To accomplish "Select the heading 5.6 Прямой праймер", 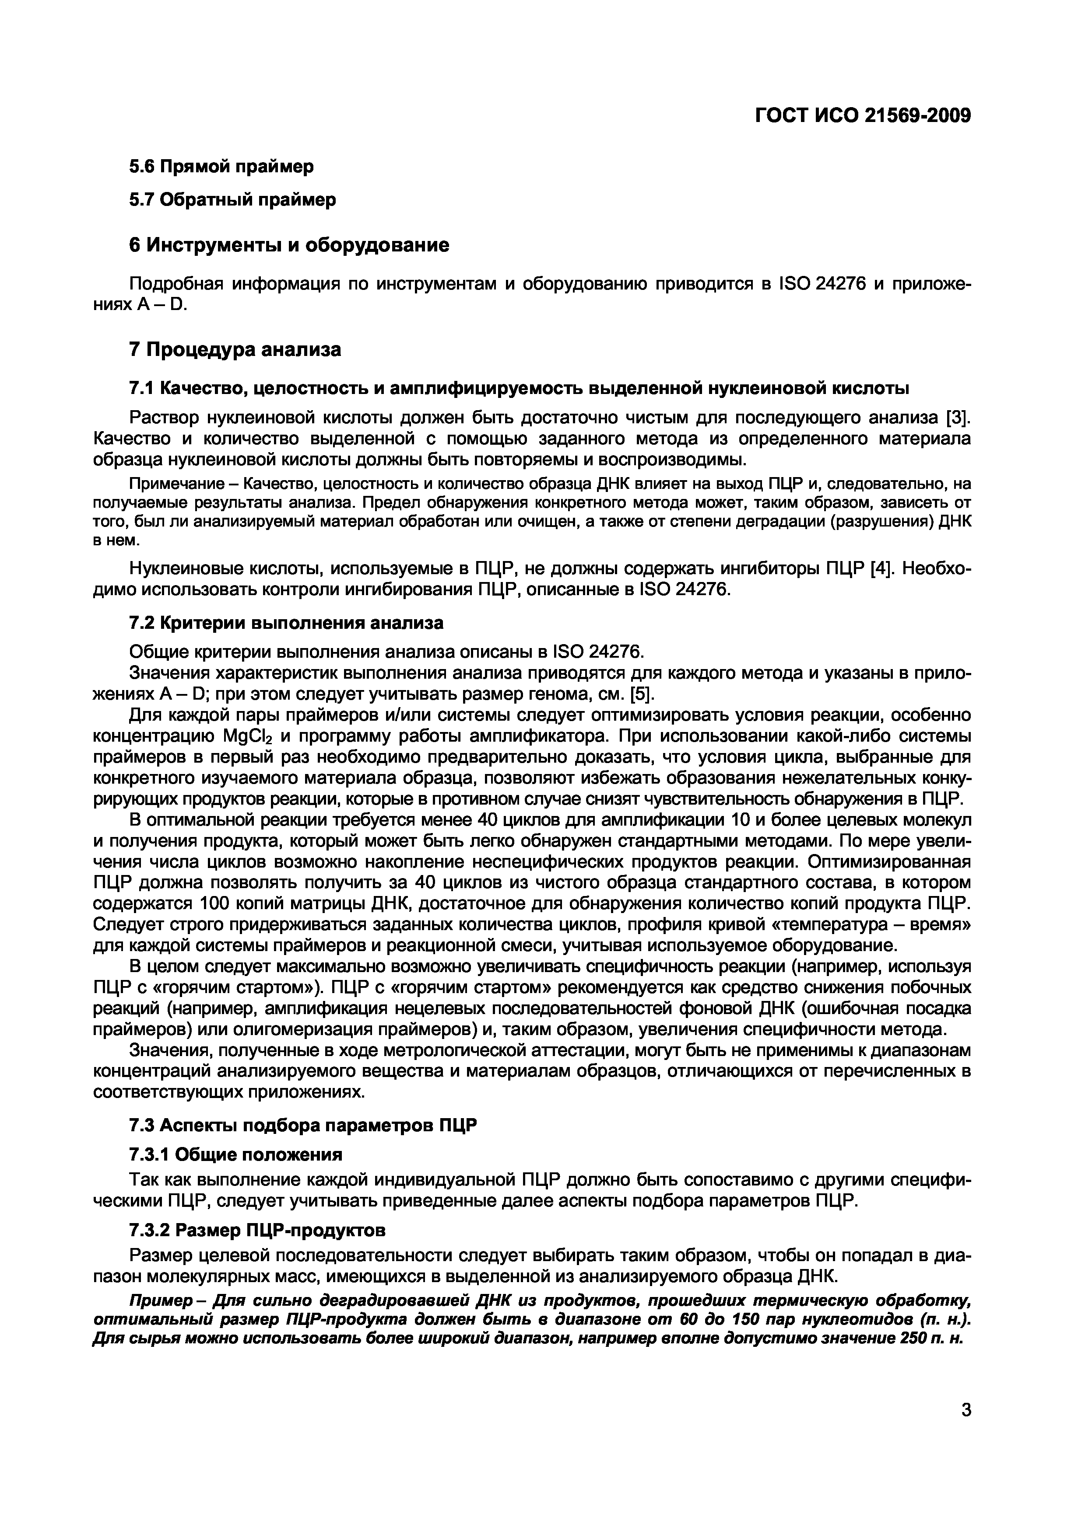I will tap(221, 166).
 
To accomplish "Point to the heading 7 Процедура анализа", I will tap(234, 349).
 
